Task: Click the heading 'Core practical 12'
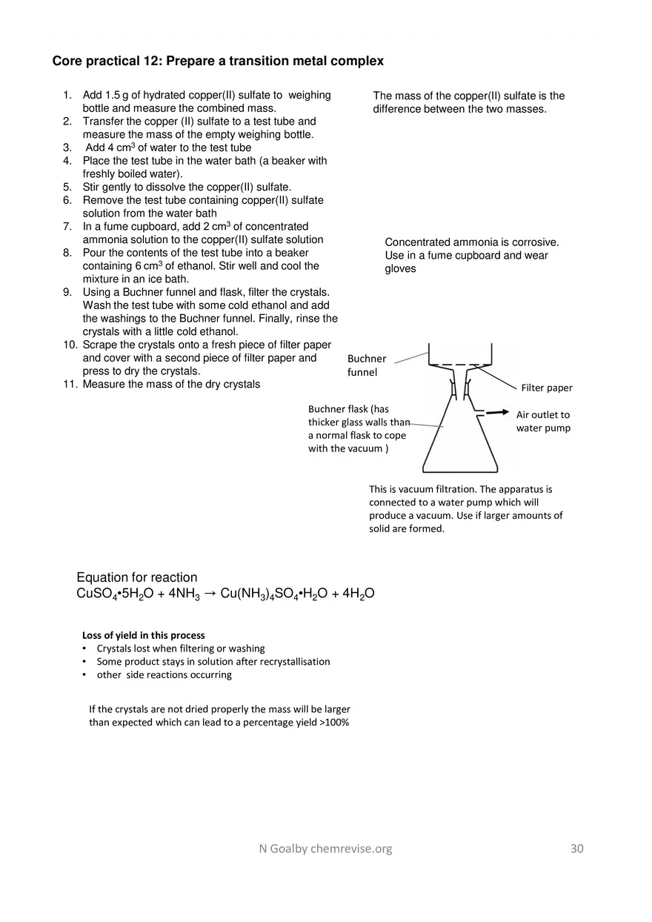tap(218, 61)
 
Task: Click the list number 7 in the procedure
tap(67, 226)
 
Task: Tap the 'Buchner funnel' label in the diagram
tap(367, 365)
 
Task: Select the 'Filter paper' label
tap(547, 388)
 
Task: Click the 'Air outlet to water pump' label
tap(543, 421)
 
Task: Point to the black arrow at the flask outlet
tap(497, 412)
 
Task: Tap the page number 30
tap(577, 849)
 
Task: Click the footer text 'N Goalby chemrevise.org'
tap(320, 849)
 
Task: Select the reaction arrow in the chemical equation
tap(210, 594)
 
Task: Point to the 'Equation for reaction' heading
tap(137, 577)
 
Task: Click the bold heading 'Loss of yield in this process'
tap(143, 635)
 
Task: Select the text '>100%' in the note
tap(334, 722)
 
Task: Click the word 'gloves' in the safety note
tap(400, 269)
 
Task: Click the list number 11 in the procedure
tap(70, 384)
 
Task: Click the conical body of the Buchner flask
tap(459, 445)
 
